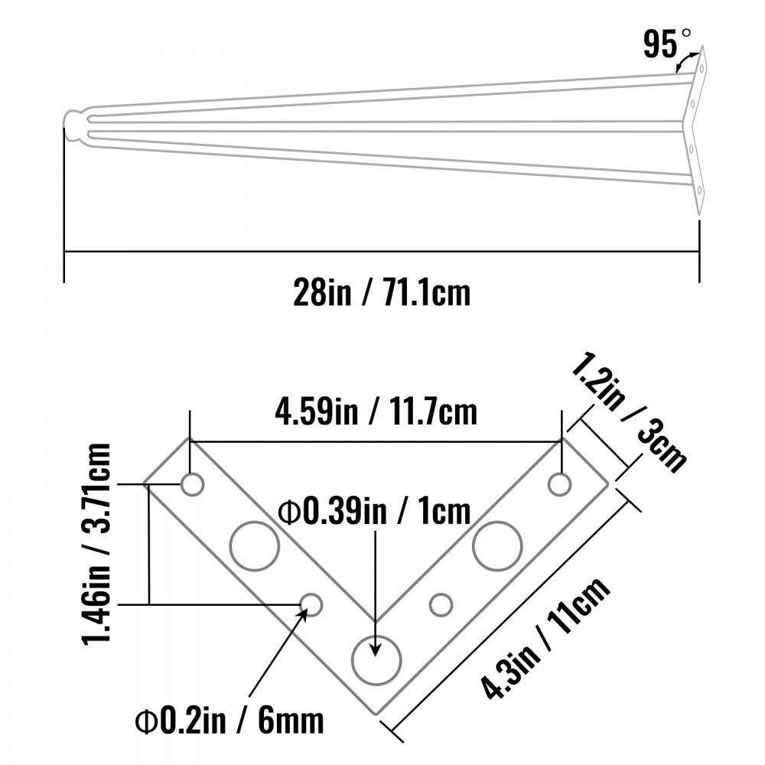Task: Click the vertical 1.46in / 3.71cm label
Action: click(x=98, y=542)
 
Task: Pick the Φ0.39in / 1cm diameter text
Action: click(x=374, y=511)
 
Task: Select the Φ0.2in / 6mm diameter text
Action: click(x=229, y=719)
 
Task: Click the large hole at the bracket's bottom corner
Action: click(x=376, y=656)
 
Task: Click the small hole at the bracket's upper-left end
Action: click(x=191, y=483)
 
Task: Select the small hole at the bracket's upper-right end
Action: click(x=560, y=483)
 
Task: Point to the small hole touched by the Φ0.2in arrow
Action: click(x=311, y=604)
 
